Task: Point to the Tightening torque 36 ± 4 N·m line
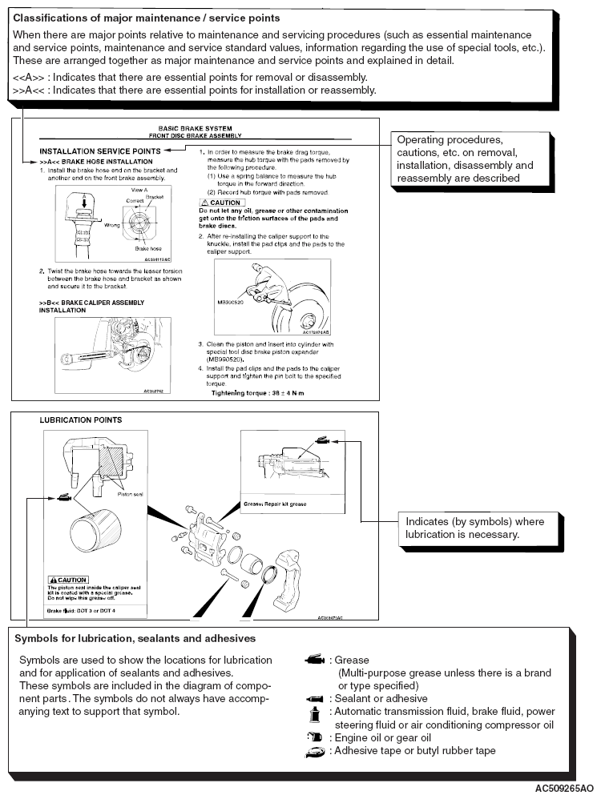(x=257, y=393)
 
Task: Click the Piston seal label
(x=129, y=495)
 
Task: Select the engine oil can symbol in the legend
(x=314, y=737)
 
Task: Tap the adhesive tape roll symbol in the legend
(x=314, y=752)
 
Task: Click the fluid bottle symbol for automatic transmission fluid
(x=314, y=712)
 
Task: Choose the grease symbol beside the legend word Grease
(x=314, y=661)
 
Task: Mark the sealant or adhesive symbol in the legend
(x=314, y=698)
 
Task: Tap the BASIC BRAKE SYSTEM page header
(x=196, y=127)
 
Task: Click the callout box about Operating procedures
(x=465, y=159)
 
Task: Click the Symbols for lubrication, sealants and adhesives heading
(x=135, y=639)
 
